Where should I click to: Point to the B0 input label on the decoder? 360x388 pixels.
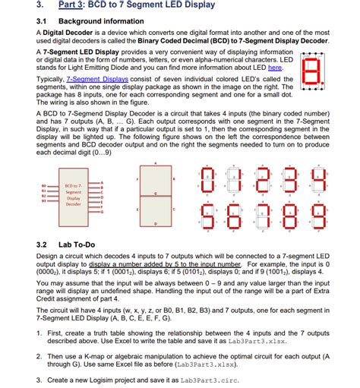tap(43, 185)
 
